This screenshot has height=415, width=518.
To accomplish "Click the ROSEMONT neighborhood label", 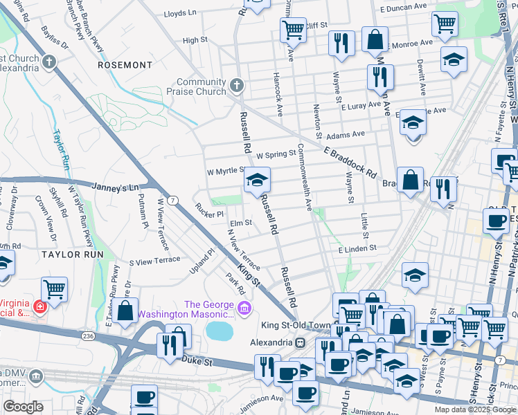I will tap(125, 65).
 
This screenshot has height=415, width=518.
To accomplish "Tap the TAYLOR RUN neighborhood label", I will tap(72, 255).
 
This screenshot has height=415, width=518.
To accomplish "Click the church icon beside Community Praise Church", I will tap(237, 86).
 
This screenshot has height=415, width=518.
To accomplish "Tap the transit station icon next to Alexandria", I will tap(300, 342).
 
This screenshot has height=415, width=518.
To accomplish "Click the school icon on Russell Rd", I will tap(257, 181).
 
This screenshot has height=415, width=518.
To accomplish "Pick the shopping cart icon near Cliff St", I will tap(293, 30).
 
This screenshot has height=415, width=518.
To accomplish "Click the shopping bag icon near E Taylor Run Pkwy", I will tap(125, 311).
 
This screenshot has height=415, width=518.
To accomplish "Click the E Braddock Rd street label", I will tap(349, 161).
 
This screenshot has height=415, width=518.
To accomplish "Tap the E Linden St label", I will tap(357, 248).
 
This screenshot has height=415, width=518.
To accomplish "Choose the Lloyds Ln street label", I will tap(180, 13).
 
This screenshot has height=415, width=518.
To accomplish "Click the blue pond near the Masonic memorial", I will tap(220, 330).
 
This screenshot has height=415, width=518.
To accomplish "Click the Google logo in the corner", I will tap(23, 407).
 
